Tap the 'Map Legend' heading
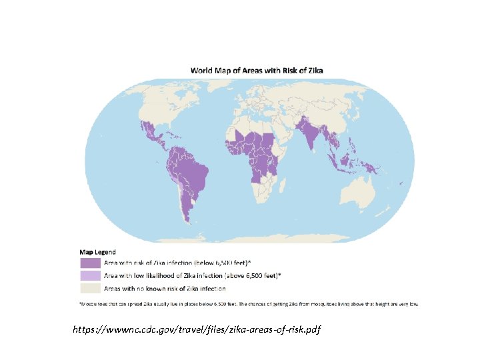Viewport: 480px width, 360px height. pyautogui.click(x=97, y=252)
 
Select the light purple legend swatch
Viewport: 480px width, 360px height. pyautogui.click(x=90, y=275)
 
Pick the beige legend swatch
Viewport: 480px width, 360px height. pyautogui.click(x=90, y=288)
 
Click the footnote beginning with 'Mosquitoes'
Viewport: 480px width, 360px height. pyautogui.click(x=249, y=304)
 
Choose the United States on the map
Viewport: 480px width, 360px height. pyautogui.click(x=160, y=113)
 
